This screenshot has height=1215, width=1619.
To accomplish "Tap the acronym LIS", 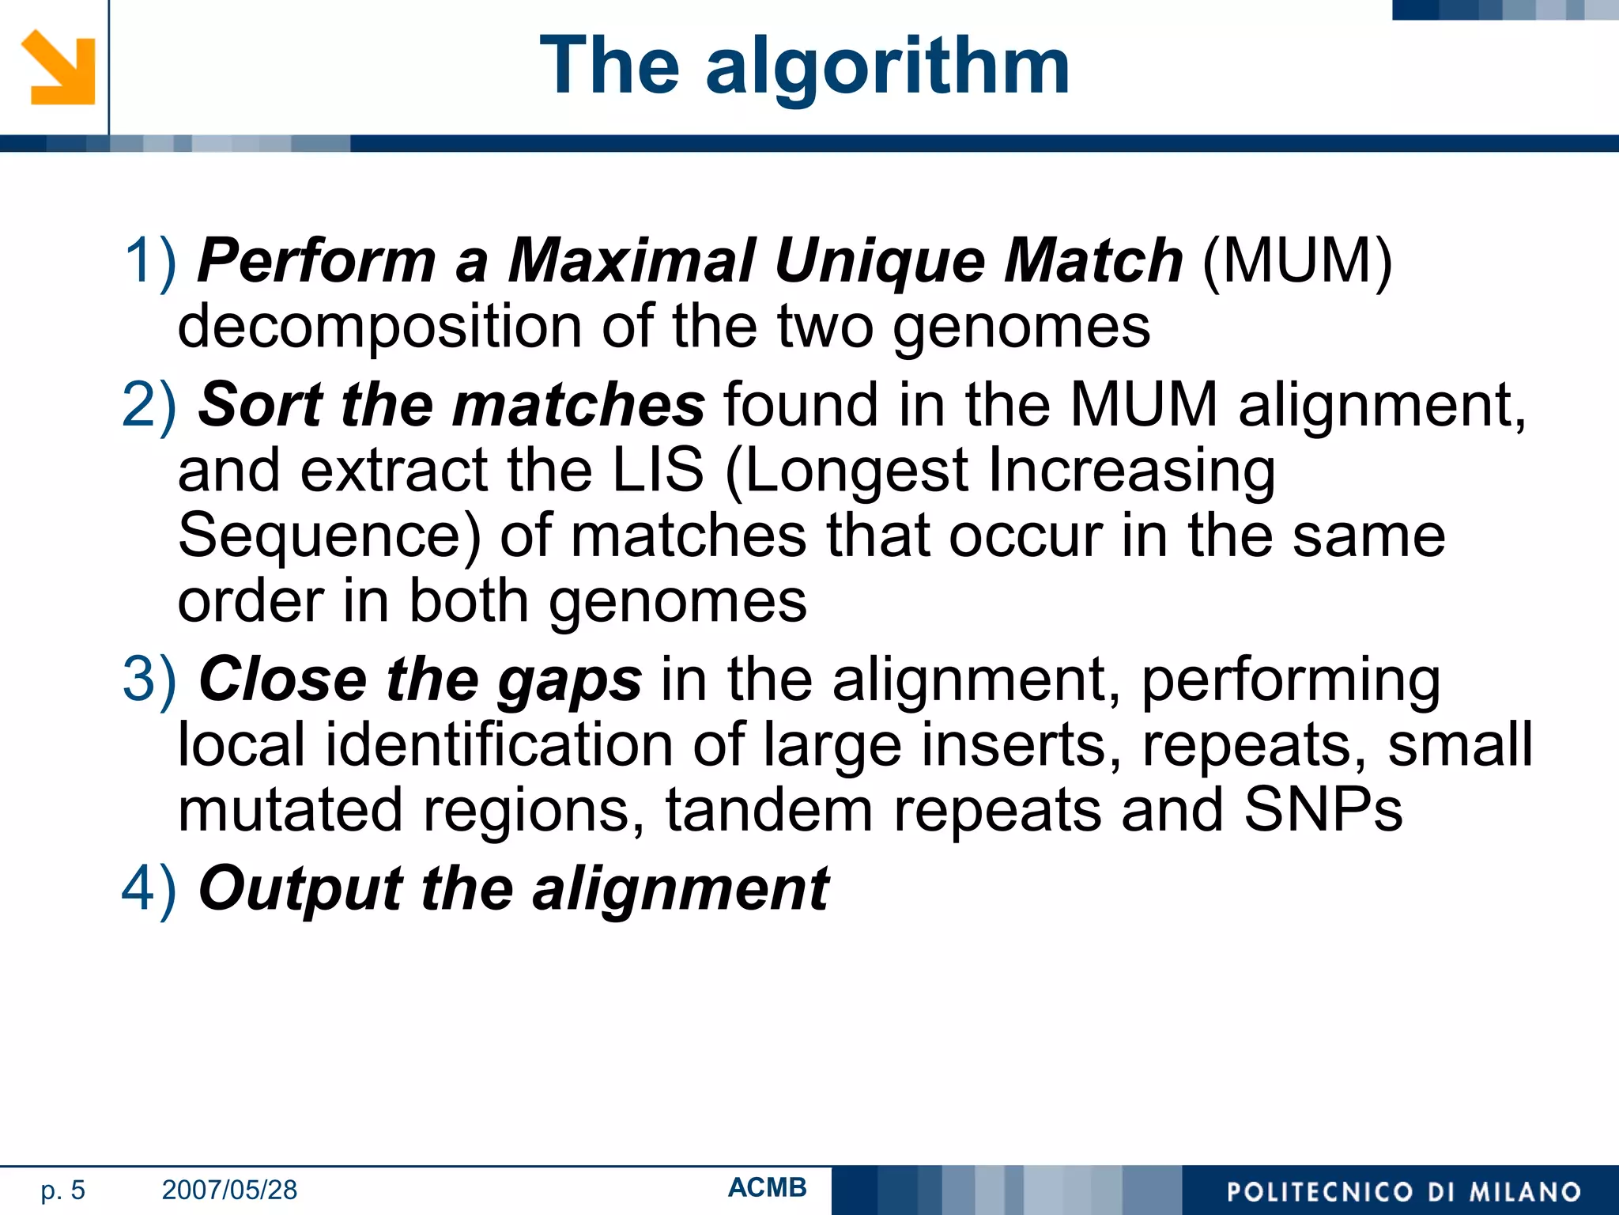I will [x=658, y=470].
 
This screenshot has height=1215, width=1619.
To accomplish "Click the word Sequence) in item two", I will [x=329, y=536].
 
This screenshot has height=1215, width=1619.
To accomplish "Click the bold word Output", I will [x=300, y=889].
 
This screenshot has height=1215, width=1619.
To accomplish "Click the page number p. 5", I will [x=62, y=1190].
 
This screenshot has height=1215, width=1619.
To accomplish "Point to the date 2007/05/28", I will [x=229, y=1190].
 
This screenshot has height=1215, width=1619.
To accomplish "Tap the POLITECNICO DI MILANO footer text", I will [x=1403, y=1191].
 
